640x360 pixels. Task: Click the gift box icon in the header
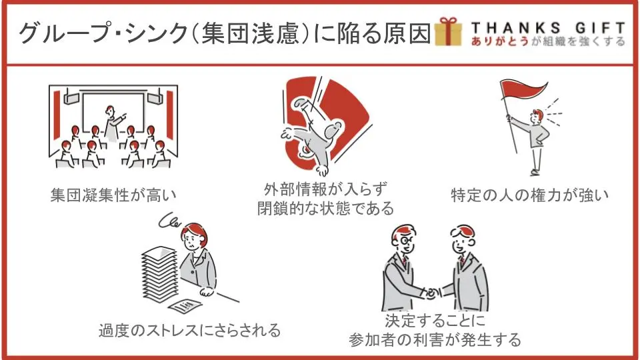(x=449, y=31)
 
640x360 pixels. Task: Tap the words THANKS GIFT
(x=548, y=28)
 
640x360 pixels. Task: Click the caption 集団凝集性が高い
(x=113, y=195)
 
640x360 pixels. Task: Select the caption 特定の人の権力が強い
(x=530, y=195)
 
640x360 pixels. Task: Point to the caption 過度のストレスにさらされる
(x=190, y=330)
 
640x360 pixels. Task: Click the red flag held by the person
(x=525, y=89)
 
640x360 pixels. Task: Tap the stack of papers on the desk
(x=160, y=274)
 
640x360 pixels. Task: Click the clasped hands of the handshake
(x=431, y=293)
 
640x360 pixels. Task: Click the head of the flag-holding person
(x=537, y=116)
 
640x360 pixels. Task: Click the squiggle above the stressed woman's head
(x=169, y=221)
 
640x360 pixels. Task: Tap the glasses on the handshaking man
(x=405, y=241)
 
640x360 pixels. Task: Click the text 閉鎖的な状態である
(x=326, y=208)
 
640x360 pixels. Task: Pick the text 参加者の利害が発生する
(x=435, y=339)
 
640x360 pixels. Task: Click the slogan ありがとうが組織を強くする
(x=548, y=41)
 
